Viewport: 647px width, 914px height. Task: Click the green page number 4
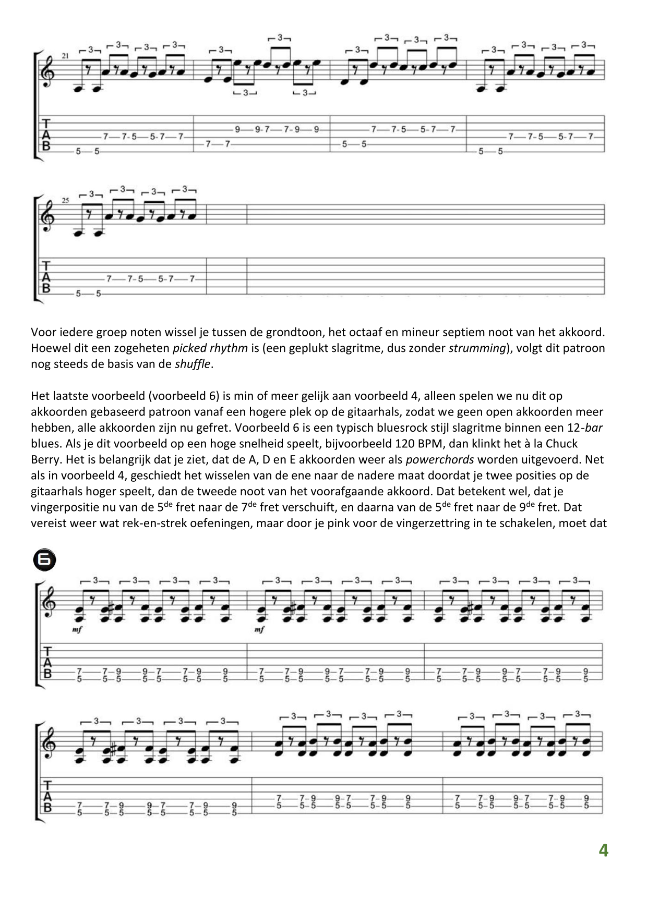tap(603, 850)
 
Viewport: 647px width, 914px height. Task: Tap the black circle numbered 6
tap(44, 560)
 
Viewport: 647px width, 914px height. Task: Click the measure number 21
tap(65, 55)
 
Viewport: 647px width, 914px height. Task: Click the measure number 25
tap(65, 200)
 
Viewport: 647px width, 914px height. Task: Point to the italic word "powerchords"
tap(440, 460)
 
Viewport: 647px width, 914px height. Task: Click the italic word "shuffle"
tap(194, 364)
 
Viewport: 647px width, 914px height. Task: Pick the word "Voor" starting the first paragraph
tap(42, 332)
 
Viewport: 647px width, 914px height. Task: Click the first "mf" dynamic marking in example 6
tap(78, 629)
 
